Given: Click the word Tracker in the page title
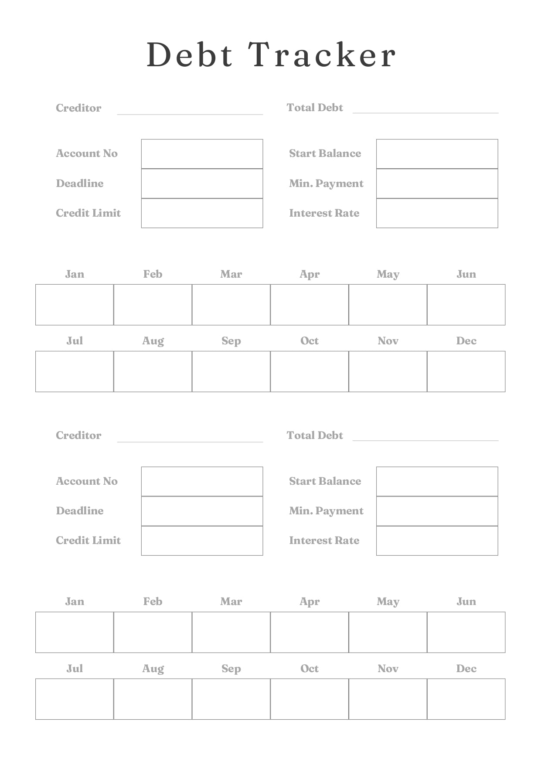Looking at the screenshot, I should click(x=323, y=55).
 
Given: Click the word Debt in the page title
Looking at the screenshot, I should click(x=190, y=55).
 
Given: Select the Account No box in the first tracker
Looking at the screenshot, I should click(x=202, y=154).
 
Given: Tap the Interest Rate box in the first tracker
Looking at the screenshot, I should click(x=437, y=213).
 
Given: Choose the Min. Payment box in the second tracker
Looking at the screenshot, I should click(x=437, y=511).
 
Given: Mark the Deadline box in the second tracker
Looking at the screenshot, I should click(x=202, y=511).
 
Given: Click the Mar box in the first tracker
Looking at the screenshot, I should click(x=231, y=305).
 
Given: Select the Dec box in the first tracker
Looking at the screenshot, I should click(x=466, y=371).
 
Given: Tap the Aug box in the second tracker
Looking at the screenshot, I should click(x=153, y=699).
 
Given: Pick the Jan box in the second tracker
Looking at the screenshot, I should click(x=75, y=632).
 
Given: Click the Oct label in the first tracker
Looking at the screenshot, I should click(x=310, y=341).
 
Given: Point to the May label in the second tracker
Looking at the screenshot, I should click(x=388, y=602).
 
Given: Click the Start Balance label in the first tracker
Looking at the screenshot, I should click(x=325, y=153).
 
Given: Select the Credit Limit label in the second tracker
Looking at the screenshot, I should click(x=88, y=541).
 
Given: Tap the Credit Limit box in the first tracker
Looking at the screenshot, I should click(x=202, y=213).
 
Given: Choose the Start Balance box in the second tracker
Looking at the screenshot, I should click(x=437, y=482).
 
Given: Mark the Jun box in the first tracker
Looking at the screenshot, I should click(x=466, y=305).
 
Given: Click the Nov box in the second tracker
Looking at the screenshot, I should click(x=388, y=699).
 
